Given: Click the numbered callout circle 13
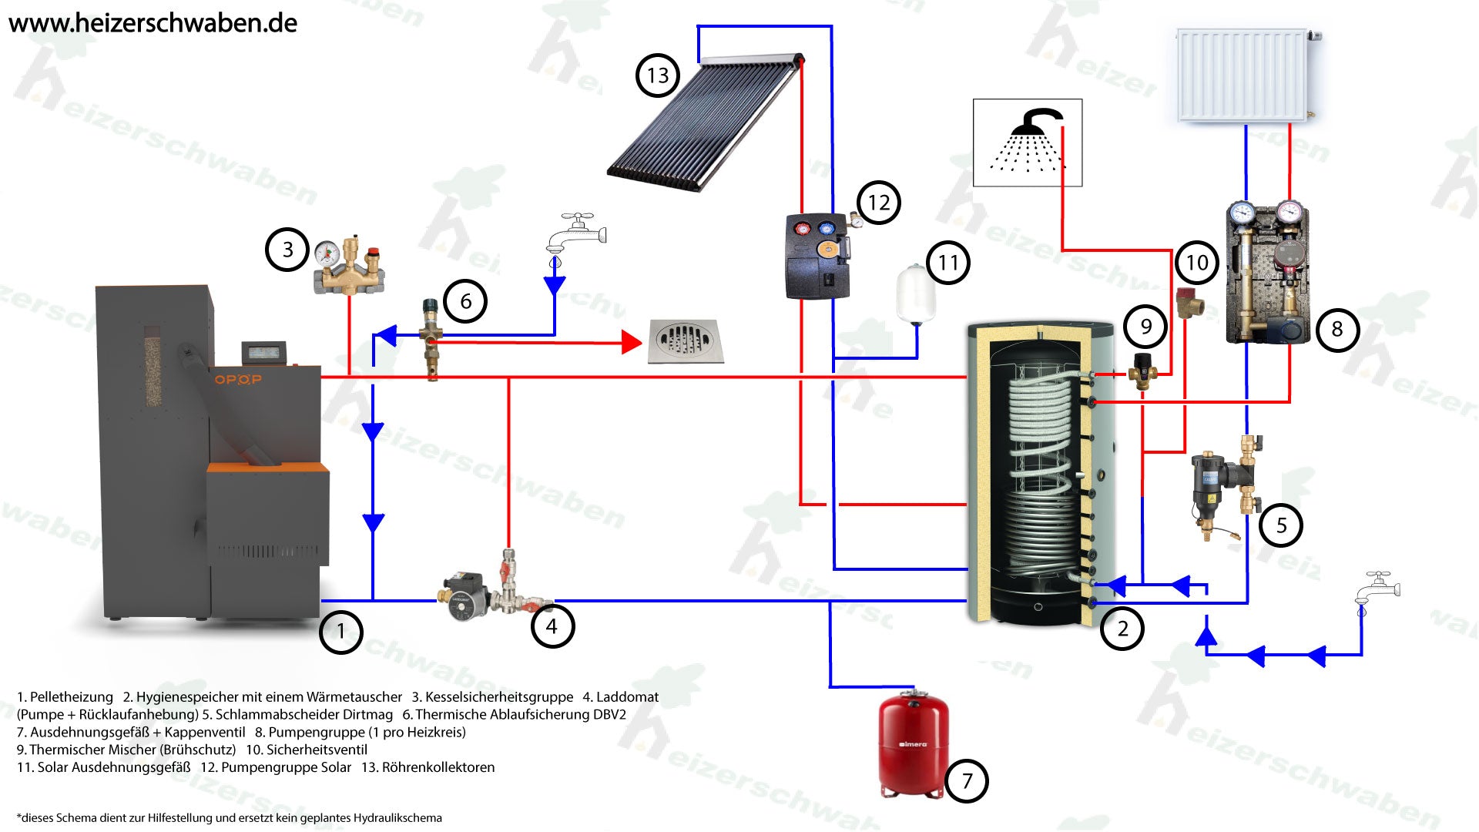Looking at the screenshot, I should tap(657, 75).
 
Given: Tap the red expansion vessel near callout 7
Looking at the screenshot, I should tap(914, 743).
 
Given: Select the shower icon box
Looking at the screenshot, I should tap(1027, 143).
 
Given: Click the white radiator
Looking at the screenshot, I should tap(1243, 75).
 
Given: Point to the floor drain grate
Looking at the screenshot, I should tap(685, 341).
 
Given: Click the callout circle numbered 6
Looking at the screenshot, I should tap(465, 300).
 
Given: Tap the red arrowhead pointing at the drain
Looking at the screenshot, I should tap(632, 343).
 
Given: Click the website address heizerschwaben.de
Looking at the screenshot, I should tap(153, 23).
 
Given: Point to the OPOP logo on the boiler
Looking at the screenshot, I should tap(237, 379).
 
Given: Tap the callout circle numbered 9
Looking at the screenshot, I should tap(1145, 327).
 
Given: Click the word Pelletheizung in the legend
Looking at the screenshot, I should tap(71, 697).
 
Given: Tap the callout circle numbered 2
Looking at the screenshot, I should tap(1122, 629).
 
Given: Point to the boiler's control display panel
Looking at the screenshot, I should tap(265, 353).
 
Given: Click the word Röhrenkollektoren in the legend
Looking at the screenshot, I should tap(438, 767).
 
